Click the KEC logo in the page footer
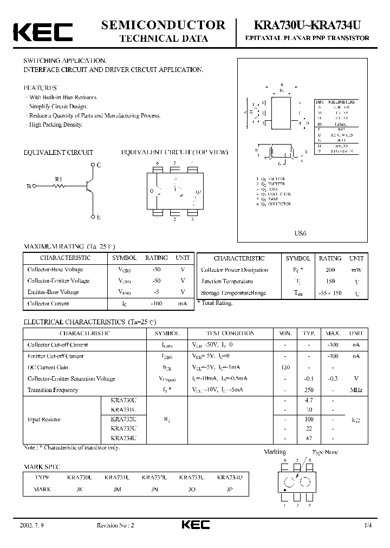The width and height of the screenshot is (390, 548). [194, 525]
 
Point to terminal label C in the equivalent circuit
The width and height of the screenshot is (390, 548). [99, 164]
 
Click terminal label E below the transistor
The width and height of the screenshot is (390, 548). [99, 217]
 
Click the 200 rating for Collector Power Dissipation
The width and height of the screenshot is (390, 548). [330, 270]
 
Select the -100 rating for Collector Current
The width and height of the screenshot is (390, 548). [157, 304]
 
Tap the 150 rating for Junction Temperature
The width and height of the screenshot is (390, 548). [330, 282]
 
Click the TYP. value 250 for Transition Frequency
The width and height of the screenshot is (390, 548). [309, 390]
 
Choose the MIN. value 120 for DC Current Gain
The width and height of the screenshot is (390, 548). [285, 367]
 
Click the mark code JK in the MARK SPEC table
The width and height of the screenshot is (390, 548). [80, 489]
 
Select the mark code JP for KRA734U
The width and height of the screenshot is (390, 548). [229, 489]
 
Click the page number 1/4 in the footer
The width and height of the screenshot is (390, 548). [368, 526]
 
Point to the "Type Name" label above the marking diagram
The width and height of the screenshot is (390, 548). [325, 452]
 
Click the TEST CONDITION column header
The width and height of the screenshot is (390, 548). [230, 334]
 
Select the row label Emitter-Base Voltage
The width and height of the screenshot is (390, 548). [53, 292]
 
